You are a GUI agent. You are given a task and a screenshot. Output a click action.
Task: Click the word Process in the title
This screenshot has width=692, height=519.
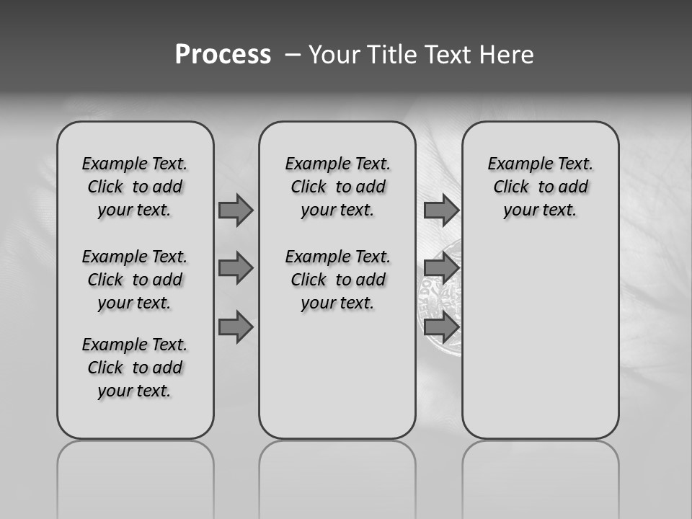coord(223,55)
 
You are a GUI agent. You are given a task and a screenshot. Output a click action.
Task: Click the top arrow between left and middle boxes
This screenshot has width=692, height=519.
coord(236,210)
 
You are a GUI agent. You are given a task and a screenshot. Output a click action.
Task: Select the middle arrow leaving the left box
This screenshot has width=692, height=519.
coord(236,269)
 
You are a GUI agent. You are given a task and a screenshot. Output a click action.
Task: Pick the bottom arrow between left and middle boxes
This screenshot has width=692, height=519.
coord(236,327)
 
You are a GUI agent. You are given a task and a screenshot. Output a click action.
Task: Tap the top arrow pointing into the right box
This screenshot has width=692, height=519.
coord(441,210)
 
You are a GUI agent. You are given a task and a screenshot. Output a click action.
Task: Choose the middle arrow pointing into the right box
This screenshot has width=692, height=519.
coord(441,269)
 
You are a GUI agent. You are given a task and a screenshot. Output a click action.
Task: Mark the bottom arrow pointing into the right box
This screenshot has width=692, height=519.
coord(441,327)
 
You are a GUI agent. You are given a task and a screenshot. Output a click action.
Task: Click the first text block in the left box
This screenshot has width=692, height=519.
coord(135,187)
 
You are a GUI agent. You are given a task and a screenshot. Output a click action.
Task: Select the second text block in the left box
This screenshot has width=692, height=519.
coord(135,280)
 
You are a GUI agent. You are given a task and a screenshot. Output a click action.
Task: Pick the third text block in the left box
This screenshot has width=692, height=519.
coord(135,368)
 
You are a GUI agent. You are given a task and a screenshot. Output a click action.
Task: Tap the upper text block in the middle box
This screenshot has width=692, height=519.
coord(337,187)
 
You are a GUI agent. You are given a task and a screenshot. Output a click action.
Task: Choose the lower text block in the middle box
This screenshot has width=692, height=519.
coord(337,280)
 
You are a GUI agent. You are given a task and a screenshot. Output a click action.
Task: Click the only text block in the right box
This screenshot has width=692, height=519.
coord(540,187)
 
